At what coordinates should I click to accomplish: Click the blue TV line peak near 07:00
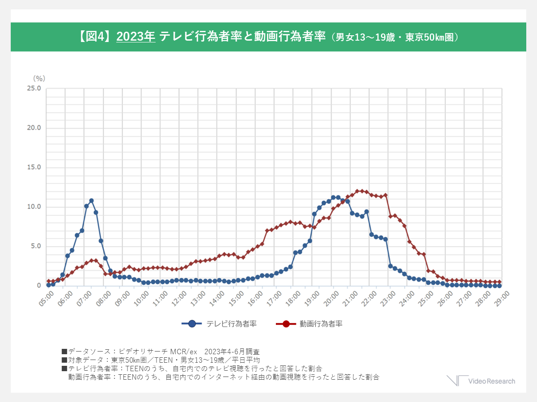(x=91, y=201)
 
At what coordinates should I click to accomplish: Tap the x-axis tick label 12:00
(x=179, y=297)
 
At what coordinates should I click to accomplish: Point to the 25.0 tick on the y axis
(x=34, y=88)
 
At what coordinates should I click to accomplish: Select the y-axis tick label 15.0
(x=34, y=167)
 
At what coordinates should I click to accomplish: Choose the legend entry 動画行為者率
(x=321, y=324)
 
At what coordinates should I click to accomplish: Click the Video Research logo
(x=481, y=381)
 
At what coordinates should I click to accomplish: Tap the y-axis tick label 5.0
(x=35, y=247)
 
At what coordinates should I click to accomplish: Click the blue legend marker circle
(x=192, y=324)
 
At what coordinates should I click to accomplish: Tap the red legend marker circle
(x=285, y=324)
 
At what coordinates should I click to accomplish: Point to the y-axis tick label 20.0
(x=34, y=128)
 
